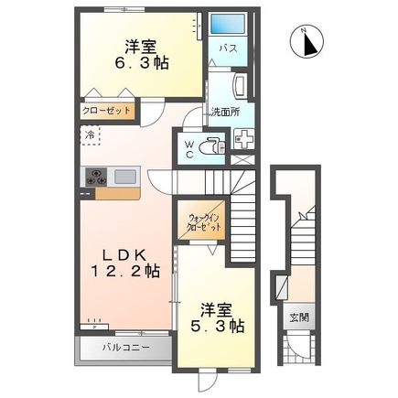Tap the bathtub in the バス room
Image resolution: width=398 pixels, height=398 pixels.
pos(225,25)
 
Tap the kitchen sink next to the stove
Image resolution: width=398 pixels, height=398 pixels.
pos(125,176)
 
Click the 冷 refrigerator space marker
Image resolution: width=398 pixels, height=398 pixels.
pos(91,134)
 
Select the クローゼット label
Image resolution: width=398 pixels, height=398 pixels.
pos(105,112)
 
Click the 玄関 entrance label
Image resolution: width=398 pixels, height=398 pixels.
pos(299,319)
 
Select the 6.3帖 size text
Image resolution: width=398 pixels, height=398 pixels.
pos(143,64)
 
